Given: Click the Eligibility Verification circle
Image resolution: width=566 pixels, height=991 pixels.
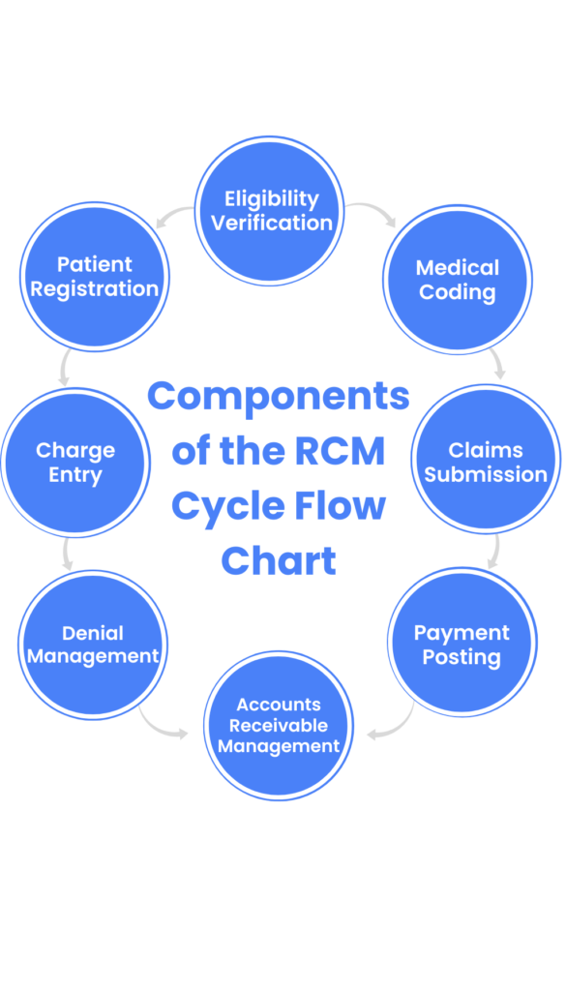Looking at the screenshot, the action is point(270,210).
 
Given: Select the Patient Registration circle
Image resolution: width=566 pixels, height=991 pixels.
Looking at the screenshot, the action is point(95,276).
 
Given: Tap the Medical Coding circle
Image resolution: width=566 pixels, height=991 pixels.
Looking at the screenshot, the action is point(458,280).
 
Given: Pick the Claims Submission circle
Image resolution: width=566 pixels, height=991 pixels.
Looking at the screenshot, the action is point(486,460).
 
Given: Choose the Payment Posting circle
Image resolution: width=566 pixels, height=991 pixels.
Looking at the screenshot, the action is point(462,643).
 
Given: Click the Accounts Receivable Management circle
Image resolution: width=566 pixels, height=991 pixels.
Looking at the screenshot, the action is point(279,726).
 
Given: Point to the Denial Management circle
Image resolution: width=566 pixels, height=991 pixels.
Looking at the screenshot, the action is point(93,645).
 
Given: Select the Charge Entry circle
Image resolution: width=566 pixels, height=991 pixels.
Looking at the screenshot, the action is point(75,463).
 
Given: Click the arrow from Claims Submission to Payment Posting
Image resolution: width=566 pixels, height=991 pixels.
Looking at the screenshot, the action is point(495,552).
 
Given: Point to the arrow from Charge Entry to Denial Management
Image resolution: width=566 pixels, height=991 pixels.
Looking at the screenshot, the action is point(66,555).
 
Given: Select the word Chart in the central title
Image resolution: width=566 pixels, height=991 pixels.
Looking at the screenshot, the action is point(279,559).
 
